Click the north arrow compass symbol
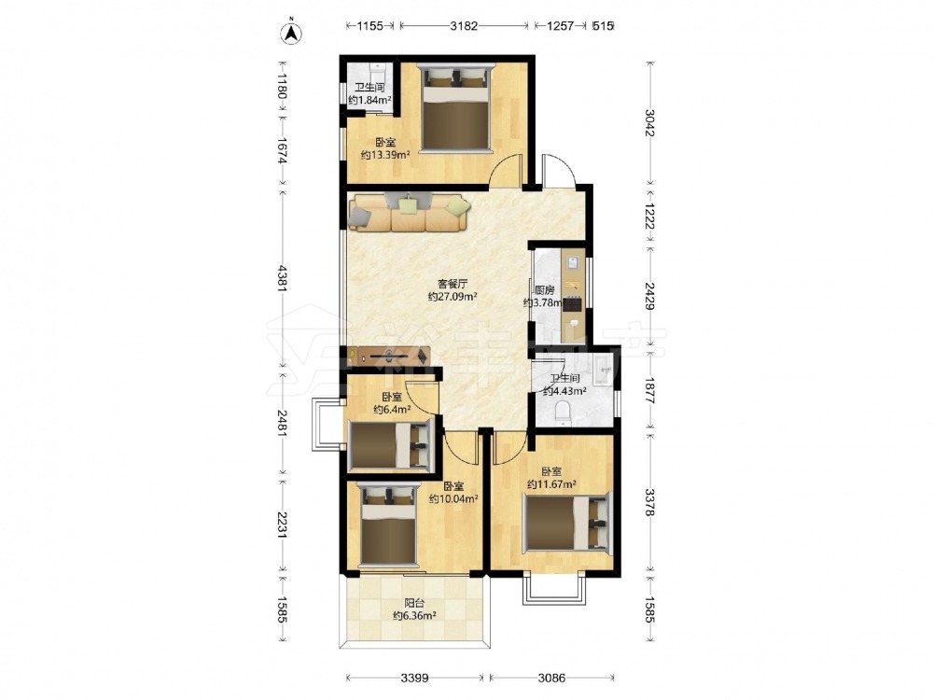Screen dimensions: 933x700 click(x=291, y=33)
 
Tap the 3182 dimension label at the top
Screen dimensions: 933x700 click(x=464, y=25)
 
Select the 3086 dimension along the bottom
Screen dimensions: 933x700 click(x=551, y=678)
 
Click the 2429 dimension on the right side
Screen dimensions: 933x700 click(x=649, y=295)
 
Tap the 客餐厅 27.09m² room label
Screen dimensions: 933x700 click(x=453, y=290)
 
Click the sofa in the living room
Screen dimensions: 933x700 click(x=410, y=212)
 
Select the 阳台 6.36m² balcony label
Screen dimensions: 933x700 click(x=415, y=609)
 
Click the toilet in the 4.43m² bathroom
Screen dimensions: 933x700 click(x=563, y=413)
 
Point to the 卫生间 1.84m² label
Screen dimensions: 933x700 click(x=369, y=93)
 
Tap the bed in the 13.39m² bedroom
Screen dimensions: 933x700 click(x=456, y=106)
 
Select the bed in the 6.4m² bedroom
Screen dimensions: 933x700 click(x=390, y=444)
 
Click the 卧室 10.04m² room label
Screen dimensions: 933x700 click(x=454, y=492)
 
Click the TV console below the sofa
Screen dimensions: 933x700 click(x=390, y=356)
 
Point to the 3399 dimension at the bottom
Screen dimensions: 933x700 click(x=415, y=678)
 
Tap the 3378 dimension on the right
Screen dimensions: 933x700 click(x=649, y=502)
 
